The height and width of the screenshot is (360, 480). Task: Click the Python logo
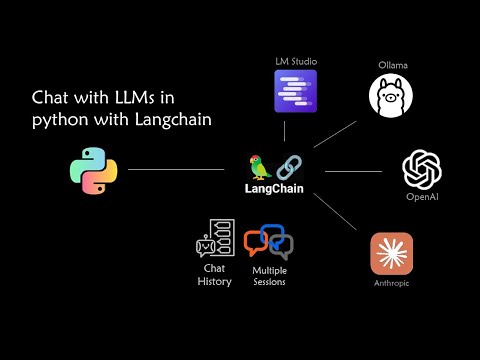(x=93, y=169)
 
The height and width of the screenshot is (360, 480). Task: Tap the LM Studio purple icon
(x=295, y=90)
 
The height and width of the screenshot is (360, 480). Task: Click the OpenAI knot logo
(x=422, y=168)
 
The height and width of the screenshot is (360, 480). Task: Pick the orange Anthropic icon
(x=392, y=254)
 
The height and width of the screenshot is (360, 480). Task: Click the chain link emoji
(x=288, y=166)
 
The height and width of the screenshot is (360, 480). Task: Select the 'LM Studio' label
(x=295, y=61)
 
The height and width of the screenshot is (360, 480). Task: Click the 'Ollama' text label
(x=392, y=66)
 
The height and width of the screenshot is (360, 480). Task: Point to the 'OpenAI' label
(x=422, y=197)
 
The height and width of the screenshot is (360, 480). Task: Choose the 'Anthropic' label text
(x=392, y=284)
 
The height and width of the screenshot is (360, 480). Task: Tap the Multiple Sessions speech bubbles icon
(x=269, y=243)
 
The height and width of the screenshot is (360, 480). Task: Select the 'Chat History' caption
(x=214, y=275)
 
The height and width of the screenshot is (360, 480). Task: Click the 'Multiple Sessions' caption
(x=269, y=276)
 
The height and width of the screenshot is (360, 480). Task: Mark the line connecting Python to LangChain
(x=176, y=169)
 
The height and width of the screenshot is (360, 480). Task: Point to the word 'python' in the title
(x=59, y=120)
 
